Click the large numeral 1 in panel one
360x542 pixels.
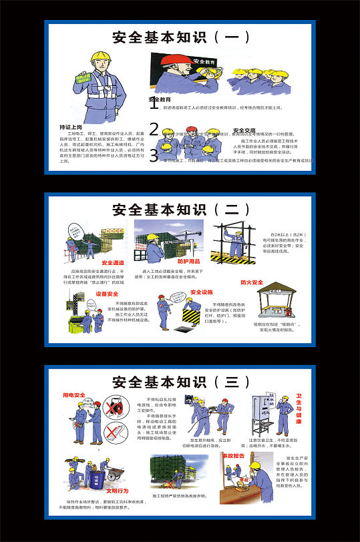tap(154, 103)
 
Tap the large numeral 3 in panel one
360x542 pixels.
tap(154, 156)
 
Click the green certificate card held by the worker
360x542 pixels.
tap(85, 77)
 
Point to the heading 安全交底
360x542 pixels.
tap(244, 130)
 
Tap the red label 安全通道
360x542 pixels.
tap(113, 263)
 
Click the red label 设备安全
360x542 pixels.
tap(107, 294)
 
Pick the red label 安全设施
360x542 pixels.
tap(202, 292)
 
